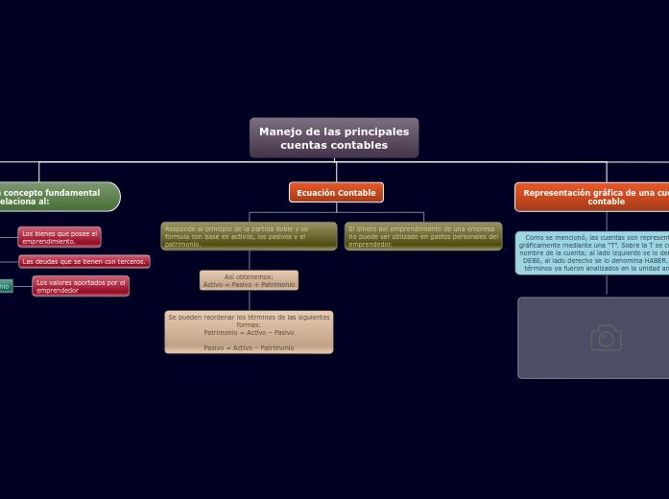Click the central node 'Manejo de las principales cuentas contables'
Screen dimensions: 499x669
tap(334, 138)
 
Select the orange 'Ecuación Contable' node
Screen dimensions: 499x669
tap(336, 193)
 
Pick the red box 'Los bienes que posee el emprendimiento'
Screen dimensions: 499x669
tap(60, 237)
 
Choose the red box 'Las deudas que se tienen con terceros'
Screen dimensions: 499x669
tap(84, 261)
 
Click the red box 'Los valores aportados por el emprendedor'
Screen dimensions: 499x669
tap(81, 286)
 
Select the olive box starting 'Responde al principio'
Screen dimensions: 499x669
tap(249, 236)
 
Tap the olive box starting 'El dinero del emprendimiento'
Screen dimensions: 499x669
tap(423, 236)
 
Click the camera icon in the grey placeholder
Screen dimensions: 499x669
tap(606, 338)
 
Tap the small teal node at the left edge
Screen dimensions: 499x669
tap(6, 286)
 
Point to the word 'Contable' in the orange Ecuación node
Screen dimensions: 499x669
tap(355, 193)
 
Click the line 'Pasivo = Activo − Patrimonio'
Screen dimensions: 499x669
tap(249, 347)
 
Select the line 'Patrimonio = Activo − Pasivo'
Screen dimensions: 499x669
tap(249, 332)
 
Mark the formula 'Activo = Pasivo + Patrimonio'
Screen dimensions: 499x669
tap(249, 284)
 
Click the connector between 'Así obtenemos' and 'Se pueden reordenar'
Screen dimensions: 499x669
tap(250, 300)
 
